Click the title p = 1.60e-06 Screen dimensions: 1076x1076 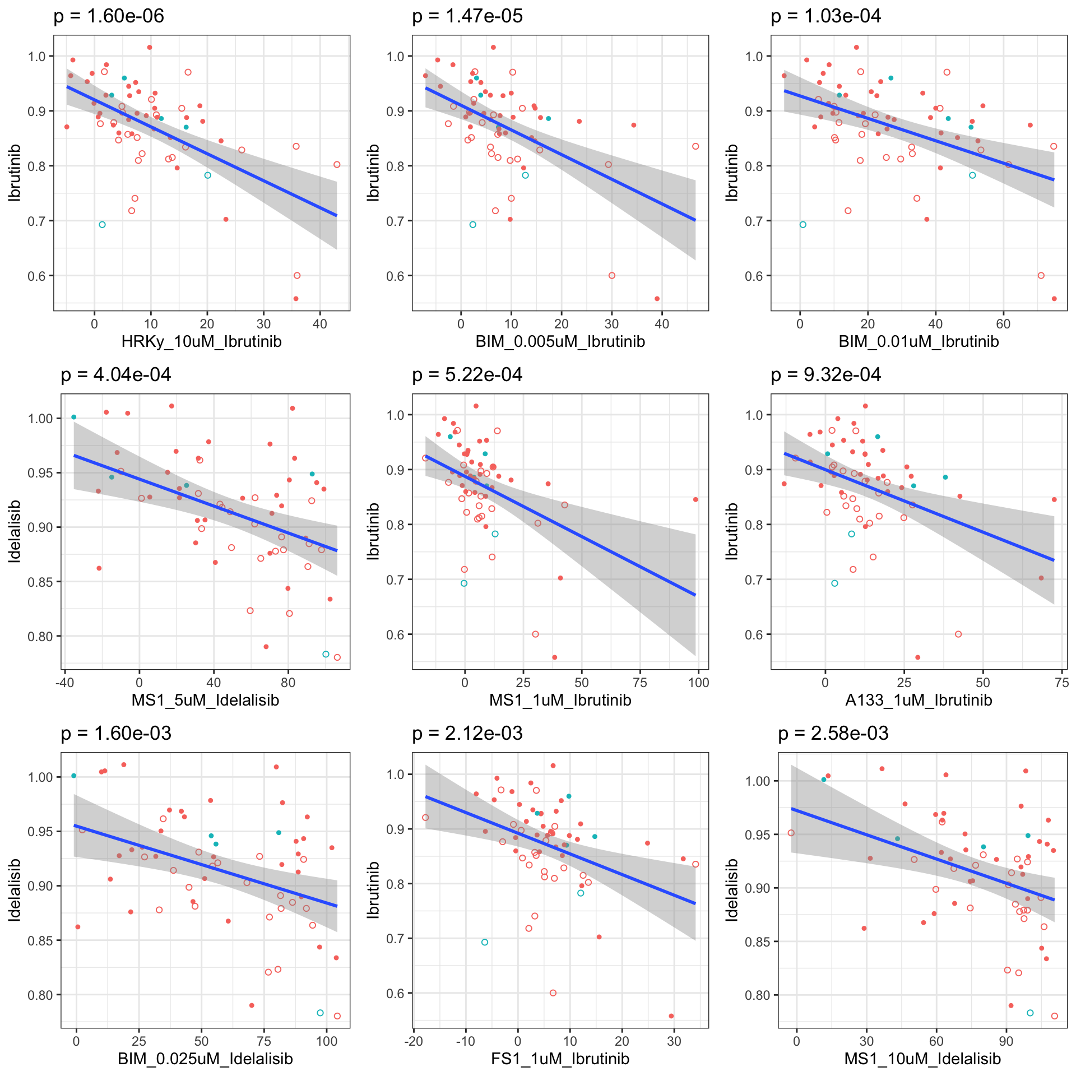click(109, 16)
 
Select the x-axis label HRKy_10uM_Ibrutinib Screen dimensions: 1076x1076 click(202, 341)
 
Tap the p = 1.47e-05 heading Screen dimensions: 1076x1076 click(467, 16)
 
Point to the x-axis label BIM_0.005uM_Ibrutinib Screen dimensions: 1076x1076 click(560, 341)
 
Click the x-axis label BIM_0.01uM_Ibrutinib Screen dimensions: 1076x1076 click(919, 341)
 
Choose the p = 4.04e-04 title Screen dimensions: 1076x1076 click(116, 375)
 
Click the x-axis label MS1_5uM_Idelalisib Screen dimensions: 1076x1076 click(205, 700)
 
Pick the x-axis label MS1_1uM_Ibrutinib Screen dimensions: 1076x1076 click(560, 700)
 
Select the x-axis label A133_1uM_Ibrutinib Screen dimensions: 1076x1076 click(919, 700)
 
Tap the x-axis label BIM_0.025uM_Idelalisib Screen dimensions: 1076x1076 click(205, 1059)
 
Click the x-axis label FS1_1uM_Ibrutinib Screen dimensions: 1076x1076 click(560, 1059)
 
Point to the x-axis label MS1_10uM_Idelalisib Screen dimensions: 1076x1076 click(922, 1059)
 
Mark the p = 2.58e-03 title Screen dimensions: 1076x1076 click(833, 734)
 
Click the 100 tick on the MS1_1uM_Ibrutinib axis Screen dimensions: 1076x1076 click(698, 683)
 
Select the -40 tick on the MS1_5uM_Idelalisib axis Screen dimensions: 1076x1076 click(65, 683)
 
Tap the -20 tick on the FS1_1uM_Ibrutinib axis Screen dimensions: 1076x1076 click(413, 1041)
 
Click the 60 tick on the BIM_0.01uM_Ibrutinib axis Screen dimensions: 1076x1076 click(1003, 324)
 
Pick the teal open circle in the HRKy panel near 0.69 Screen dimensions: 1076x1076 click(102, 225)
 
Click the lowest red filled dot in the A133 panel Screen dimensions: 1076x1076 click(917, 657)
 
